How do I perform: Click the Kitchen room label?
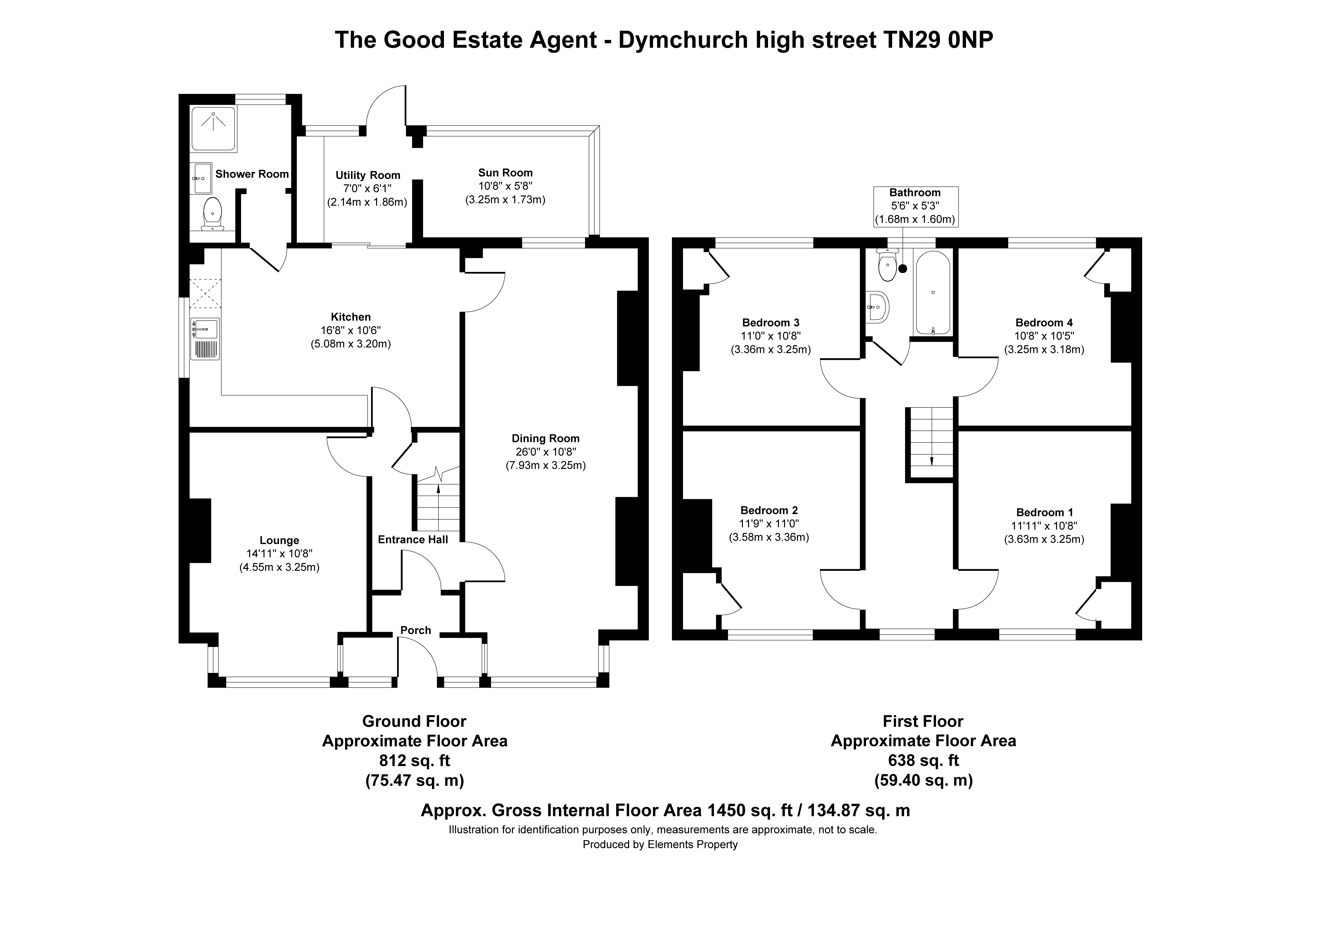coord(350,317)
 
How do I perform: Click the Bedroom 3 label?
coord(770,323)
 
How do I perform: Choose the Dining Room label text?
coord(545,439)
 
